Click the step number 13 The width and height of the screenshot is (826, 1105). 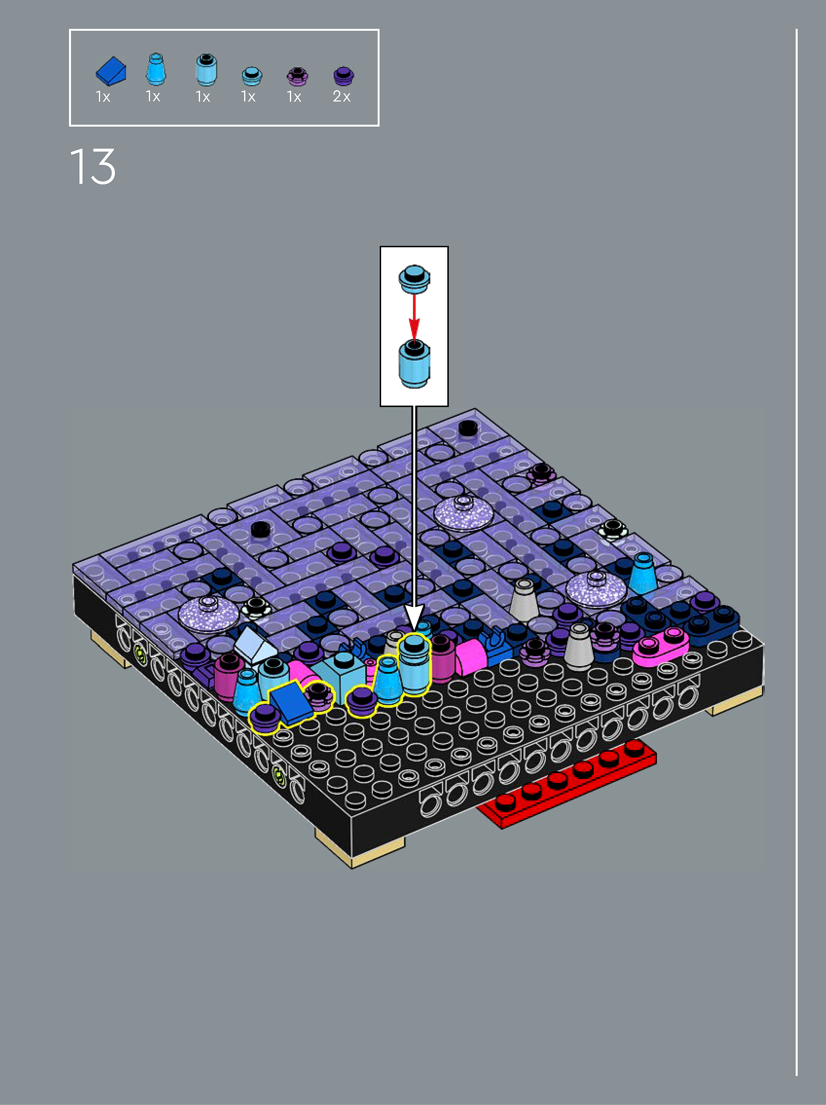tap(93, 166)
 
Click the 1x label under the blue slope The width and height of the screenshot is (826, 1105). tap(103, 96)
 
